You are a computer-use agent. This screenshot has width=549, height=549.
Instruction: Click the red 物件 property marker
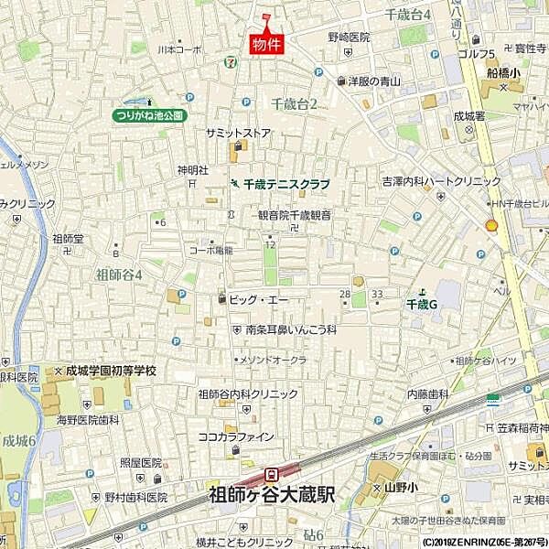pos(266,42)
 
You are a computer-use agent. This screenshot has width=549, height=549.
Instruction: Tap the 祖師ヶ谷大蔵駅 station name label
pos(272,494)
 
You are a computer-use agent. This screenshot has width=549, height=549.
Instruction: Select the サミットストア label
pos(238,133)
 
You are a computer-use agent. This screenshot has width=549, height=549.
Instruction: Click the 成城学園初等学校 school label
pos(111,371)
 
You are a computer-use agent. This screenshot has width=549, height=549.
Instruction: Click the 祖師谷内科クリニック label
pos(248,393)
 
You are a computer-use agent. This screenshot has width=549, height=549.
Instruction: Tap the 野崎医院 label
pos(349,38)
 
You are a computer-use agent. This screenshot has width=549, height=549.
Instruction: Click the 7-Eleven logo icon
pos(227,61)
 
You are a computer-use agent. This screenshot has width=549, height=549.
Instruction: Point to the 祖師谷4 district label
pos(119,273)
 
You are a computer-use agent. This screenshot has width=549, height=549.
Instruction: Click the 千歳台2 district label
pos(294,104)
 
